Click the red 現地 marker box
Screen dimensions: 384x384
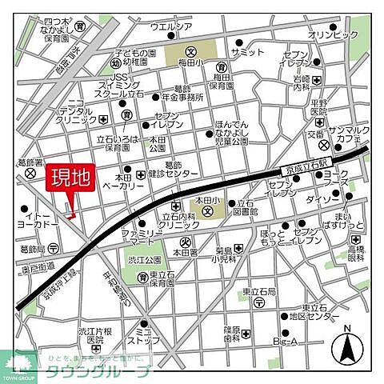[x=71, y=177]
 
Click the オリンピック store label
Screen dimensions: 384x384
[x=334, y=35]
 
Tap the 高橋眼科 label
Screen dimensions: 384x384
[x=355, y=255]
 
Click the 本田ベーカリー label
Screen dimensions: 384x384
[x=116, y=180]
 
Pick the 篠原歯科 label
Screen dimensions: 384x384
[x=231, y=333]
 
